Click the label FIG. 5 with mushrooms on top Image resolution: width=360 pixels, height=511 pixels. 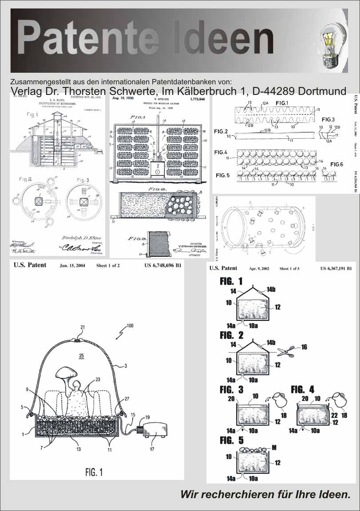(x=231, y=440)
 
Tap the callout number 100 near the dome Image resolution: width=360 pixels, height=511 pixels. (x=129, y=326)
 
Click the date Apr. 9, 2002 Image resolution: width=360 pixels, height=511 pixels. (x=259, y=269)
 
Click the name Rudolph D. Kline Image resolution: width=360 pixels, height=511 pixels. (x=87, y=236)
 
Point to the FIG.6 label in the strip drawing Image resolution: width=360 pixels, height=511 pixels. (x=336, y=165)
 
